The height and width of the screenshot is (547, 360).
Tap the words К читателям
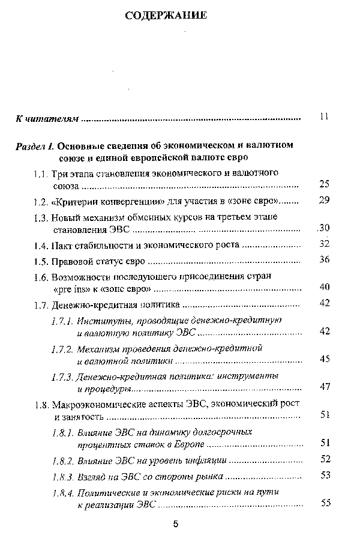[47, 119]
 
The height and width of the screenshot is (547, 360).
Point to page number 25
[325, 184]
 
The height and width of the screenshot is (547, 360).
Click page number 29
[325, 200]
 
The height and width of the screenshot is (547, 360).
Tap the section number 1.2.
[41, 201]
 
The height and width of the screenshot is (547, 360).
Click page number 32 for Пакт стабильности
[325, 243]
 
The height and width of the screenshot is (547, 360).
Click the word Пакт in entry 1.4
[63, 245]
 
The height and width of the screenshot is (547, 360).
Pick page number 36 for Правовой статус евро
[325, 259]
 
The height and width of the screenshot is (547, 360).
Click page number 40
[325, 287]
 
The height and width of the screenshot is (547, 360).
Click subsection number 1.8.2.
[62, 461]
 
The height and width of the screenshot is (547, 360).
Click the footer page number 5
[175, 524]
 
